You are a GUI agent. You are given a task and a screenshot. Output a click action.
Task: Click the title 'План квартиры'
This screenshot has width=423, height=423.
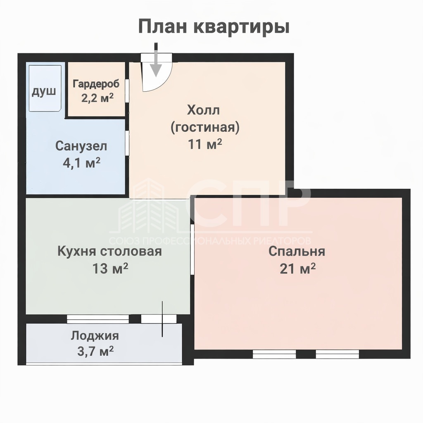coord(214,27)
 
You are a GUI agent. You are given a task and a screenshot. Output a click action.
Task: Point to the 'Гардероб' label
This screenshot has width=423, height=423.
coord(96,84)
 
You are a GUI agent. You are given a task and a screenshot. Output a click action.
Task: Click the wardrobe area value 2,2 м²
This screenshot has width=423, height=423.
coord(97,98)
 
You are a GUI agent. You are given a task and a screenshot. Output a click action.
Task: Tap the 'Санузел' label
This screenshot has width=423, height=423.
coord(81,146)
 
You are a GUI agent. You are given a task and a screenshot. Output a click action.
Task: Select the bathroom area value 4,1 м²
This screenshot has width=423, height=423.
coord(81,163)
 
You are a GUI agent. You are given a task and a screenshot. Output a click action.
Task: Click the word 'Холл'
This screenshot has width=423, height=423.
coord(203,110)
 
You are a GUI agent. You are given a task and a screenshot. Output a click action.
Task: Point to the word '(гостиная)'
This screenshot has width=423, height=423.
coord(205,127)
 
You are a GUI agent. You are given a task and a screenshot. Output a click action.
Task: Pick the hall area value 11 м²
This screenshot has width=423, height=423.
coord(205,144)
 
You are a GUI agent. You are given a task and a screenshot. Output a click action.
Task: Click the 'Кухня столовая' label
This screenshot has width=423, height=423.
coord(109,252)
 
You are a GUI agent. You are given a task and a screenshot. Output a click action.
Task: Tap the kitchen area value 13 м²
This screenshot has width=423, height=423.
coord(110,268)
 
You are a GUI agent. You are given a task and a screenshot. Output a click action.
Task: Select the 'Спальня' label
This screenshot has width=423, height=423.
coord(297,252)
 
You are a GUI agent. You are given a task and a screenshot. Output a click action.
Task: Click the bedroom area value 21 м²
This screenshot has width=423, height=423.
coord(297,269)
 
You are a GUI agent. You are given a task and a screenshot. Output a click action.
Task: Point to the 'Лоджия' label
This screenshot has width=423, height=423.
coord(95,336)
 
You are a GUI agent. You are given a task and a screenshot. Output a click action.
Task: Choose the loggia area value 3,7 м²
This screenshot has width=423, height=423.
coord(95,352)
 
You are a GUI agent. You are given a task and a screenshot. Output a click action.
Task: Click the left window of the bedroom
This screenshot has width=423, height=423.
coord(274,354)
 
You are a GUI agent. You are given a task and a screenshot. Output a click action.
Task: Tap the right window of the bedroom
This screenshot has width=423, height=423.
coord(337,354)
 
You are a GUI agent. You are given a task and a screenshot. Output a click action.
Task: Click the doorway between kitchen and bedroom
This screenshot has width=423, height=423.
coord(192,250)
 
